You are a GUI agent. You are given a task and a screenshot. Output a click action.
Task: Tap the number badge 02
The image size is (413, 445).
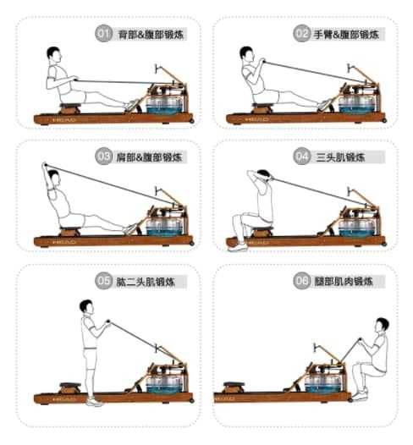coord(302,34)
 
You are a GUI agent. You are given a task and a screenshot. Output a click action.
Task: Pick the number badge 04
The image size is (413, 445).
coord(302,157)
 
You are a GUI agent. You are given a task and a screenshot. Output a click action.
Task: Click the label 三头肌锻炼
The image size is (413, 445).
coord(339,157)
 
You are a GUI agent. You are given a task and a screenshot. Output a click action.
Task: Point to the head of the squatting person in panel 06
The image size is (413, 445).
coord(383,325)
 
